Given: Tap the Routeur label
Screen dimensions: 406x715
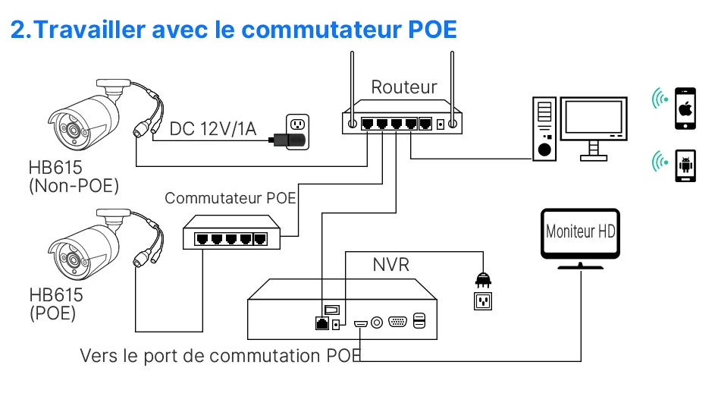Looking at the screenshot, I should click(x=404, y=87).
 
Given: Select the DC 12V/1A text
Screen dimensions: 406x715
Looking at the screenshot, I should click(x=213, y=128).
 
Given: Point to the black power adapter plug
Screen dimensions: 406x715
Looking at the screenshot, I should click(x=289, y=140).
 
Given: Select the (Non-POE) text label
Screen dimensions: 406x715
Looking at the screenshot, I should click(x=74, y=185).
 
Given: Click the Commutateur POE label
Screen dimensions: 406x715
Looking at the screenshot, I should click(x=230, y=199).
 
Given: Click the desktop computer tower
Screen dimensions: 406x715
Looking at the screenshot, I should click(x=544, y=129).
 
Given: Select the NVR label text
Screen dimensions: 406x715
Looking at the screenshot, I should click(x=390, y=265).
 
